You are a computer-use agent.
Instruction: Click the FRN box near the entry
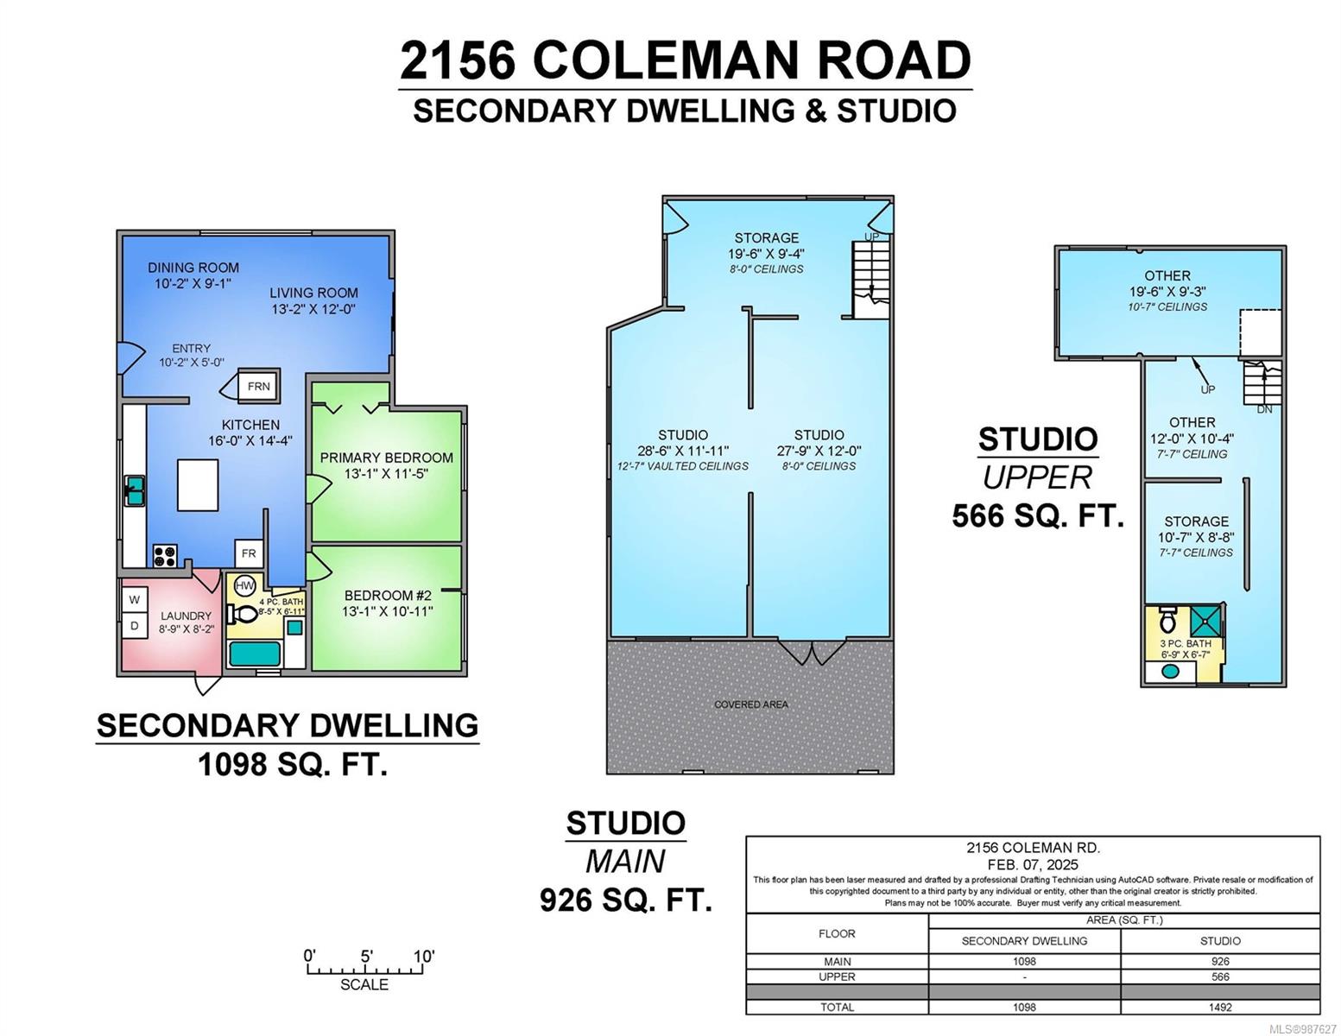tap(258, 386)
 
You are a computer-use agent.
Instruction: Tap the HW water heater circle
tap(245, 585)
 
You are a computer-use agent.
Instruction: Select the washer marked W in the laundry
tap(135, 599)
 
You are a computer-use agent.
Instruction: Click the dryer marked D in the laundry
tap(135, 626)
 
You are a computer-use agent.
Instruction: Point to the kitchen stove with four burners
tap(165, 555)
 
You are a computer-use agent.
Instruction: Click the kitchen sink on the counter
tap(135, 490)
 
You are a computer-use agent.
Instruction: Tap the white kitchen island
tap(198, 485)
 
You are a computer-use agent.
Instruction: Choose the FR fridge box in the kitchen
tap(249, 553)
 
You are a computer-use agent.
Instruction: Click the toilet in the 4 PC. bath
tap(243, 615)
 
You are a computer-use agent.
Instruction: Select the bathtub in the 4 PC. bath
tap(255, 654)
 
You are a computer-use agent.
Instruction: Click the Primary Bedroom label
tap(386, 458)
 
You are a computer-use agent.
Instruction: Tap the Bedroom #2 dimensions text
tap(388, 611)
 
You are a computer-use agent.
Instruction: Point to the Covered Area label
tap(750, 704)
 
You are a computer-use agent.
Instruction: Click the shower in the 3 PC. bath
tap(1205, 621)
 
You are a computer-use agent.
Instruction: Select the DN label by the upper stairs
tap(1264, 409)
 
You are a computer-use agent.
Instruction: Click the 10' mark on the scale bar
tap(423, 957)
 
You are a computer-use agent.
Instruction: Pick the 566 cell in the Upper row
tap(1219, 976)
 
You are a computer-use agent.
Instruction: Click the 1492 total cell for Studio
tap(1220, 1007)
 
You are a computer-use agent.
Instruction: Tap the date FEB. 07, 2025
tap(1033, 864)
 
